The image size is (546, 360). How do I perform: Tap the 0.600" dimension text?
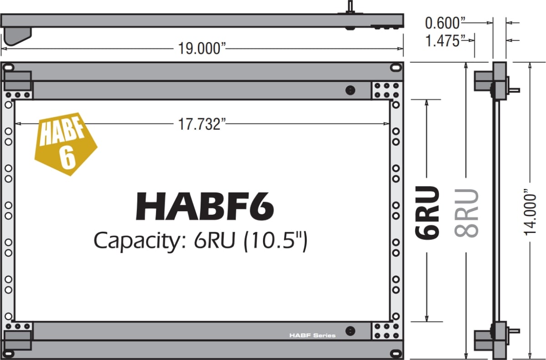point(443,22)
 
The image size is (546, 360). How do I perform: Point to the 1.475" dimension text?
point(443,41)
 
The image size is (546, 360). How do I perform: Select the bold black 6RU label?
point(427,212)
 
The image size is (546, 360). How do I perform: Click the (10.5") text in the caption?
point(276,240)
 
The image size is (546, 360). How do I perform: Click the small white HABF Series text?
point(313,335)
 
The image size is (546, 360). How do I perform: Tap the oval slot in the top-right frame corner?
point(395,67)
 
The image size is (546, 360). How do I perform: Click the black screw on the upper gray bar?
point(350,90)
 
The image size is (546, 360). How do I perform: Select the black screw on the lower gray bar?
point(350,331)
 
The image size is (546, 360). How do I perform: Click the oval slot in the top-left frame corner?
point(9,68)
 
